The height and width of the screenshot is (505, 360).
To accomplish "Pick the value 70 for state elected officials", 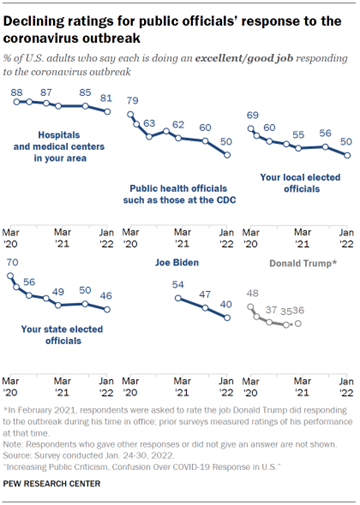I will click(13, 262).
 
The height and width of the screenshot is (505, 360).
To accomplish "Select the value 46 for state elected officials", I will click(105, 297).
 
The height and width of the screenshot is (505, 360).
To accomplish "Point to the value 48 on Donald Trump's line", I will click(253, 293).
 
